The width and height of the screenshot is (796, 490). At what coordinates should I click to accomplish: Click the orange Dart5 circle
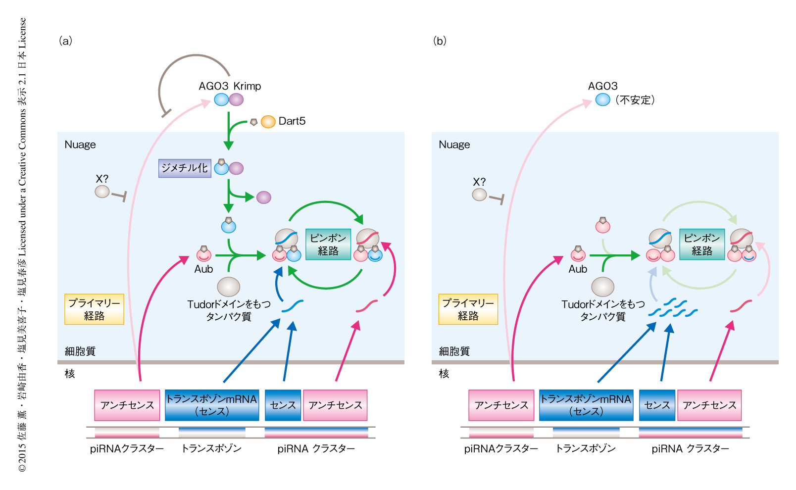(x=268, y=121)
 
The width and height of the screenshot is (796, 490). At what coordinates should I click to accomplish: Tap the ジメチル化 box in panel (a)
(x=185, y=168)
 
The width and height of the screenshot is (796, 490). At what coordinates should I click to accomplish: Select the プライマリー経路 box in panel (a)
(x=94, y=309)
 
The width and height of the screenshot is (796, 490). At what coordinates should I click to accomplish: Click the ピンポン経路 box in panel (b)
(x=702, y=245)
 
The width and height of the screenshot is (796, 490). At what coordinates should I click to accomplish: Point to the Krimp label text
(x=247, y=86)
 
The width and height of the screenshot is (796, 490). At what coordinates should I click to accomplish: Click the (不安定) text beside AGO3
(x=635, y=100)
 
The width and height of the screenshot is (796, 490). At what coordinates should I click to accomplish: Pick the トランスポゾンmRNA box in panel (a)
(x=212, y=405)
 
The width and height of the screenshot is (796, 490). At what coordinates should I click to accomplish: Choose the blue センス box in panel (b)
(x=657, y=405)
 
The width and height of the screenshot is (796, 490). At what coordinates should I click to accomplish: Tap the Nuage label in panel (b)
(x=454, y=145)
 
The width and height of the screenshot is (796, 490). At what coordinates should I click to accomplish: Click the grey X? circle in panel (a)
(x=102, y=192)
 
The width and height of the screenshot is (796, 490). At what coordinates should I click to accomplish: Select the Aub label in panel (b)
(x=578, y=269)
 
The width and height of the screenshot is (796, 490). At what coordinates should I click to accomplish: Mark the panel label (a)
(x=65, y=41)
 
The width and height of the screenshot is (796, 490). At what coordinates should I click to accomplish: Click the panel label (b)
(x=440, y=41)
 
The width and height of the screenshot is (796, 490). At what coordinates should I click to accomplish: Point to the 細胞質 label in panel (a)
(x=80, y=351)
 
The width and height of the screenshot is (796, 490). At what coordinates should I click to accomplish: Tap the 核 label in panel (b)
(x=444, y=374)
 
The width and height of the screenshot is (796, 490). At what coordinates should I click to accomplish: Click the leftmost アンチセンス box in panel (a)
(x=127, y=405)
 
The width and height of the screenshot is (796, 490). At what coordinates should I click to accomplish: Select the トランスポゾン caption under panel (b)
(x=586, y=448)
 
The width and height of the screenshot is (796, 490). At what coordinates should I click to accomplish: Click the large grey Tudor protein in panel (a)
(x=229, y=287)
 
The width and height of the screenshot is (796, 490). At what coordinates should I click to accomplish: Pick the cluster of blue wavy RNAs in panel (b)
(x=673, y=308)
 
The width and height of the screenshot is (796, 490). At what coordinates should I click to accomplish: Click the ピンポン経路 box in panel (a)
(x=328, y=245)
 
